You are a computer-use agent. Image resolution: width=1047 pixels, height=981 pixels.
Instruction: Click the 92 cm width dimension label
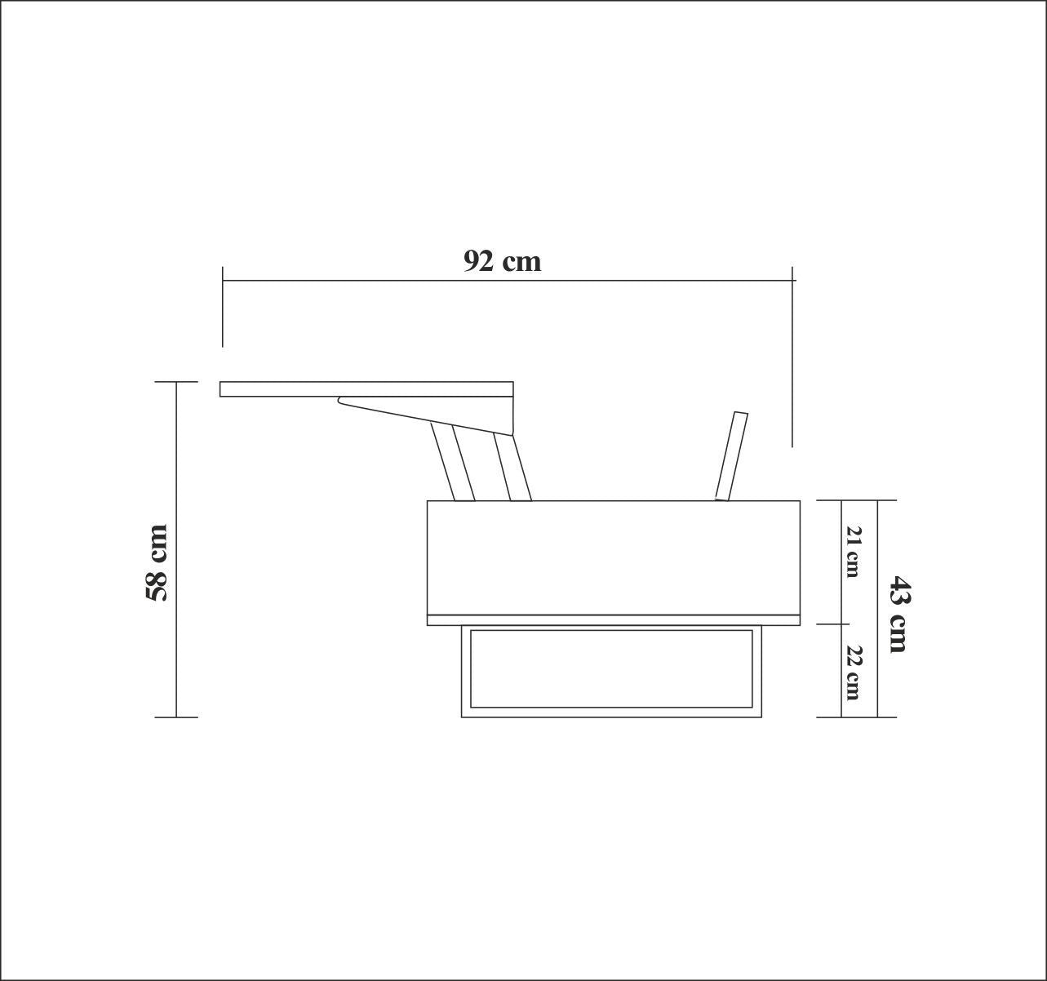click(x=502, y=260)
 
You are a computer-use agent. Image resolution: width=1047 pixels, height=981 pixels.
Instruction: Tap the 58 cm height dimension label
click(x=156, y=563)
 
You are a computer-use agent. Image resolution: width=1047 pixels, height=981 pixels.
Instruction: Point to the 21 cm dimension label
click(x=853, y=552)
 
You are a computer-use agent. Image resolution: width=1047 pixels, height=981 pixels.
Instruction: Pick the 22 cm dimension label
click(x=853, y=672)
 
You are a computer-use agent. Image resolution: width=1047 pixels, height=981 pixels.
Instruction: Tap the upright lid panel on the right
click(x=731, y=455)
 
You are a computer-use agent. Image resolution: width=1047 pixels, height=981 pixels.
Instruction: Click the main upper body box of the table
click(x=613, y=557)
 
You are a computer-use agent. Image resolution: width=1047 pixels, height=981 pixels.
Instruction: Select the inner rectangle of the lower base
click(x=611, y=668)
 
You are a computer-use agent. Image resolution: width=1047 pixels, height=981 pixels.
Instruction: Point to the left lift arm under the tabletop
click(x=453, y=463)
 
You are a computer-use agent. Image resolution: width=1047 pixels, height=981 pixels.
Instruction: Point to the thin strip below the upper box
click(x=613, y=620)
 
